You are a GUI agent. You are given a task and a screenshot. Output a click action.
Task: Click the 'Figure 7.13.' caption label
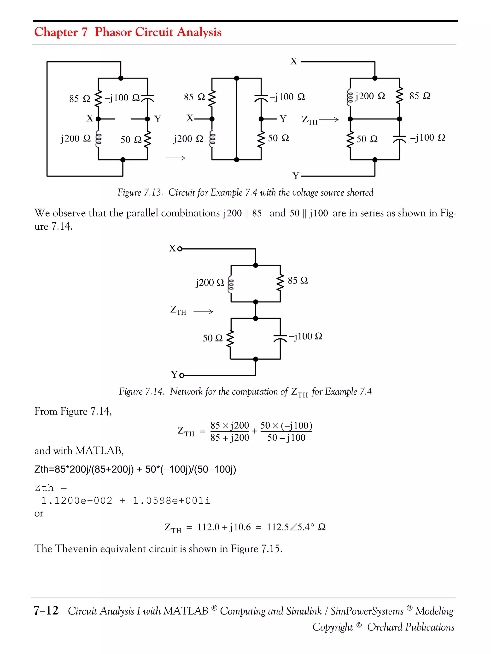click(x=140, y=193)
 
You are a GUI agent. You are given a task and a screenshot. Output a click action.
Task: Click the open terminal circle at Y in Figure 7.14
click(x=182, y=375)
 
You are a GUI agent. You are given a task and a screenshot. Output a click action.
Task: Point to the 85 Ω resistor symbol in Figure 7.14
click(x=280, y=283)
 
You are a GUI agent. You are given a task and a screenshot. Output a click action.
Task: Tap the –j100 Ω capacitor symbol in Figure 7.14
click(x=280, y=338)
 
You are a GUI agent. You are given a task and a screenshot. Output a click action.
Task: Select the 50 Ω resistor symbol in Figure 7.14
click(x=230, y=339)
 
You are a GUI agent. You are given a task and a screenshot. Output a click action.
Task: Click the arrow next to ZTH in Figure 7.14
click(x=203, y=312)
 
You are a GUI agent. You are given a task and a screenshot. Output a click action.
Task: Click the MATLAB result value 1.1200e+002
click(x=77, y=500)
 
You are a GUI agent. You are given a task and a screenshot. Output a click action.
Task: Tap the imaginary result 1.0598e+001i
click(x=171, y=500)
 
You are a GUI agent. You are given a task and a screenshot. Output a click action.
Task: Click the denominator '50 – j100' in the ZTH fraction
click(x=286, y=438)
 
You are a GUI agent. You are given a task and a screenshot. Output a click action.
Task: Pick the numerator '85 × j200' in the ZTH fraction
click(x=230, y=426)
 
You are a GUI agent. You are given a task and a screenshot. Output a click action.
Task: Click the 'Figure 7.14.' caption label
click(x=141, y=392)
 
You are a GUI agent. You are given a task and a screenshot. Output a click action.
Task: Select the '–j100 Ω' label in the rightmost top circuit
click(x=427, y=137)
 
